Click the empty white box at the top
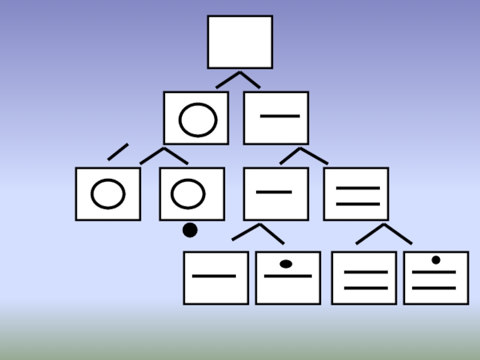[240, 42]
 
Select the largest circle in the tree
[197, 119]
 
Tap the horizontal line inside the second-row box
[280, 116]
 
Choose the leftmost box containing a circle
[108, 194]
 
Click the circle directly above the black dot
[188, 194]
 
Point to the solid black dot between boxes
[190, 230]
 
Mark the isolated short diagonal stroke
[118, 152]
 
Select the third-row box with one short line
[276, 194]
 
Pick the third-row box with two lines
[356, 194]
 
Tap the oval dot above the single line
[286, 264]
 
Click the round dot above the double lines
[436, 260]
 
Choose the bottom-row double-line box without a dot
[364, 278]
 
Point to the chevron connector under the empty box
[238, 79]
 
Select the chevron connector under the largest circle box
[164, 155]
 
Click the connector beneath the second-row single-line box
[303, 155]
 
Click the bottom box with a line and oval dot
[288, 278]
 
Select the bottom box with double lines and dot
[436, 278]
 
